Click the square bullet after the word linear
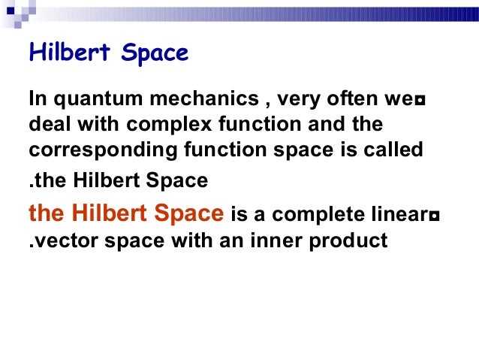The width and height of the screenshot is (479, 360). [x=435, y=217]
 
